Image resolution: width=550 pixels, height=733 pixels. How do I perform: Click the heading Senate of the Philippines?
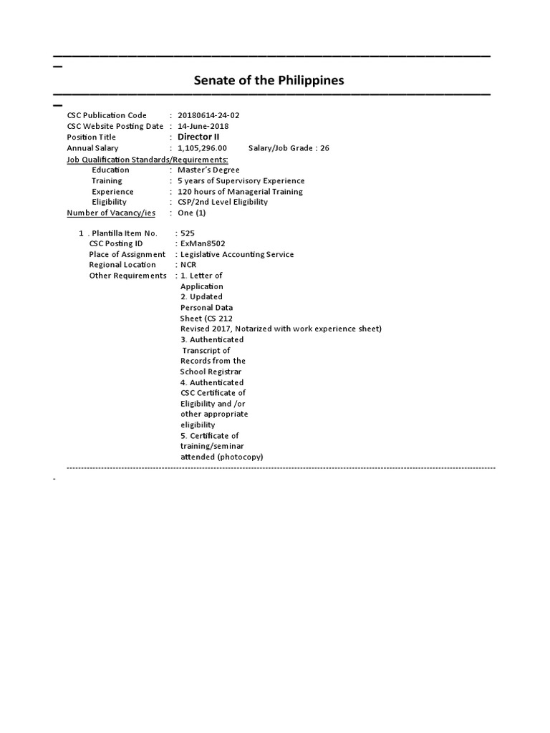tap(269, 80)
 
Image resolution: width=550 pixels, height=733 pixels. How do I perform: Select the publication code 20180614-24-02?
tap(213, 115)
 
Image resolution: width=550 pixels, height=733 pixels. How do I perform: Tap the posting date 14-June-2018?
tap(208, 126)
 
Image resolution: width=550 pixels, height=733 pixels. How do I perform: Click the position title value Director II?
tap(198, 137)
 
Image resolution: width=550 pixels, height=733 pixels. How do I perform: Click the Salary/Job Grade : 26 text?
tap(289, 148)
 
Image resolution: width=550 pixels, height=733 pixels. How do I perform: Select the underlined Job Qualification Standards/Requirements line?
tap(148, 159)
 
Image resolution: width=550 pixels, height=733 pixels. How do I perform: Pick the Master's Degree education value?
tap(208, 170)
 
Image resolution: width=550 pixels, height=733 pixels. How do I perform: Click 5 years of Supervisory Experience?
tap(241, 181)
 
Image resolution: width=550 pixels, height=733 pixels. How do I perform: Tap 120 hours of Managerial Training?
tap(240, 192)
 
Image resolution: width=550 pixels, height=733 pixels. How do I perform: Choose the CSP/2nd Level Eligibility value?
tap(223, 202)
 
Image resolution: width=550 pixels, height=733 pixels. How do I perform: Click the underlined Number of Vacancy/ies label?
tap(111, 213)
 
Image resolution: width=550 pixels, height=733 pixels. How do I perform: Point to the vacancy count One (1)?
tap(192, 213)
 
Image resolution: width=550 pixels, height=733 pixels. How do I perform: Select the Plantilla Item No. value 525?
tap(188, 233)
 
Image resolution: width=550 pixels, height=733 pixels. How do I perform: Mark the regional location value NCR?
tap(188, 265)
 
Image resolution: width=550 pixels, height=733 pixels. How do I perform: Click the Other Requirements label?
tap(127, 276)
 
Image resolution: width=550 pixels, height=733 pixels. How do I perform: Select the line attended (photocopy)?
tap(221, 457)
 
